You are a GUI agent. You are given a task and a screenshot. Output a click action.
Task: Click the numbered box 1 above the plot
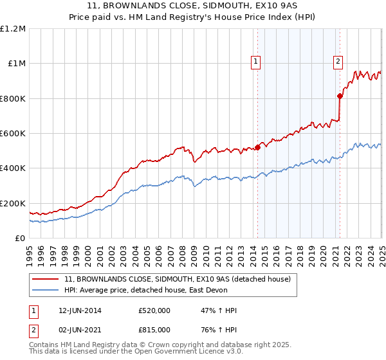coord(256,62)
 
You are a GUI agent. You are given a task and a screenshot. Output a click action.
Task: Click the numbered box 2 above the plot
coord(338,62)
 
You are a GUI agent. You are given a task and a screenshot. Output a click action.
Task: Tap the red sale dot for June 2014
coord(257,147)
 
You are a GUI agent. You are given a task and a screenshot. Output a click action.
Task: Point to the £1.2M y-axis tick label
coord(13,29)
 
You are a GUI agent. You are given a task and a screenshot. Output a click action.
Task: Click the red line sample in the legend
coord(46,279)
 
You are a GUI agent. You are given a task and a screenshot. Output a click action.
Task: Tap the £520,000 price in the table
coord(154,310)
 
